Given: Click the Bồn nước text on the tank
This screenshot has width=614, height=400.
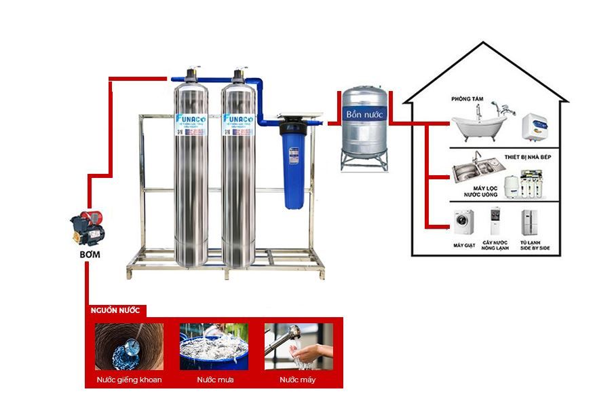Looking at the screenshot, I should point(364,115).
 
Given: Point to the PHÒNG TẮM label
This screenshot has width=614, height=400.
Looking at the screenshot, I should point(467,99).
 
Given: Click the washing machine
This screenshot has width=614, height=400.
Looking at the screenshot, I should point(463,221).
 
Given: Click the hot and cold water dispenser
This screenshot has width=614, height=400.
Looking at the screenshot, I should point(496,222).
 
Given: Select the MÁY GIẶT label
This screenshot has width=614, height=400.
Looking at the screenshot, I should point(463,244).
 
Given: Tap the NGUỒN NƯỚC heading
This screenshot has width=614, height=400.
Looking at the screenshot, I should point(115,310).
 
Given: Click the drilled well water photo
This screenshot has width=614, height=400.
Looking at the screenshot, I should point(129,346).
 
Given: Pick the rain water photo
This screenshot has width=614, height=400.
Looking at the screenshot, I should point(214,346).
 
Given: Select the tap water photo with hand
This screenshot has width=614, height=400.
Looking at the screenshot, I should point(299,346).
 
